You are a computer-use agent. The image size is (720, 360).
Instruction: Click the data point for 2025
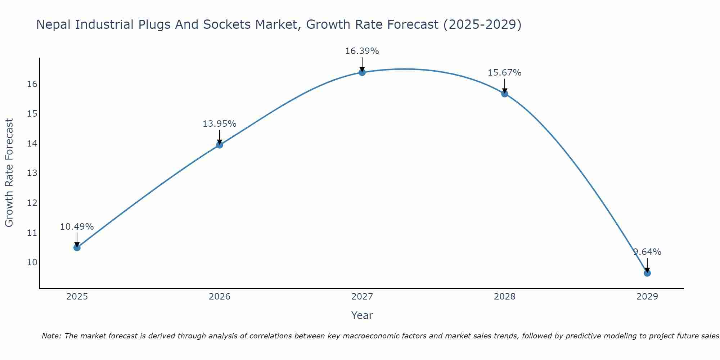77,248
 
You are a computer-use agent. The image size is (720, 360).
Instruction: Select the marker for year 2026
220,145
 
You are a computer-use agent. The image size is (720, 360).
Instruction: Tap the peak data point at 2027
362,72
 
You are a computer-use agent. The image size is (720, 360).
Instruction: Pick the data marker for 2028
505,94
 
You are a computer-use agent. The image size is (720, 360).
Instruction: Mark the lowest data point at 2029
647,273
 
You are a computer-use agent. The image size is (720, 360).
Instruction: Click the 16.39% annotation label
362,51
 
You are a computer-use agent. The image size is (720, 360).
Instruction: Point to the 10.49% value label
77,227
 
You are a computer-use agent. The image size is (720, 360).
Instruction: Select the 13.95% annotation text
219,124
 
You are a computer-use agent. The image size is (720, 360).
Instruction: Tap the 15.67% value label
504,73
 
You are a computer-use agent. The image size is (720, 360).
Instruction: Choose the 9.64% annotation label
647,252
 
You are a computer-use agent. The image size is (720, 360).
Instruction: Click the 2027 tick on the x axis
362,297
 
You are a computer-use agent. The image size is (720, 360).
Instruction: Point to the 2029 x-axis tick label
647,297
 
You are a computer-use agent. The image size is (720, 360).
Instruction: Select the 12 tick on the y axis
32,203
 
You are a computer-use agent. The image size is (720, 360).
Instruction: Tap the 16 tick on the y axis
32,84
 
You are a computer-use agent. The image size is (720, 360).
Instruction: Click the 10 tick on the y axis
32,262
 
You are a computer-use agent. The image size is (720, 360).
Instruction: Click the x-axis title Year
362,315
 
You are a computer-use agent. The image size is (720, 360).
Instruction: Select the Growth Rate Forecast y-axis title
9,173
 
